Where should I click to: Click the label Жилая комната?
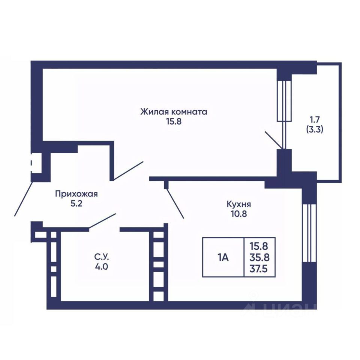tap(174, 112)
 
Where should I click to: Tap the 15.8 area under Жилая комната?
tap(174, 121)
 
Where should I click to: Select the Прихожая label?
tap(76, 194)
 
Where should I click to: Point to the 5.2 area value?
tap(76, 204)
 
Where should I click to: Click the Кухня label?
tap(239, 204)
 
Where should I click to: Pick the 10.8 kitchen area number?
tap(239, 214)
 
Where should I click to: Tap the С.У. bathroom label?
tap(101, 257)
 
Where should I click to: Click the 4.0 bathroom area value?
tap(101, 267)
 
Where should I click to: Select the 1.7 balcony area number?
tap(315, 120)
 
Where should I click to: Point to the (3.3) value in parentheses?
tap(315, 130)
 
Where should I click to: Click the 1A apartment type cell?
tap(223, 258)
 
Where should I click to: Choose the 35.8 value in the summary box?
tap(259, 258)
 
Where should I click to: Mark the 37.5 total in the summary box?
tap(259, 268)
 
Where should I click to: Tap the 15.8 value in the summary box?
tap(259, 247)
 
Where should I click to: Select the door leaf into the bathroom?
tap(102, 220)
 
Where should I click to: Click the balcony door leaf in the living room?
tap(274, 140)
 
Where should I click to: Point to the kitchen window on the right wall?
tap(309, 233)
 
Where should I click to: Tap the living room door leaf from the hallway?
tap(129, 170)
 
